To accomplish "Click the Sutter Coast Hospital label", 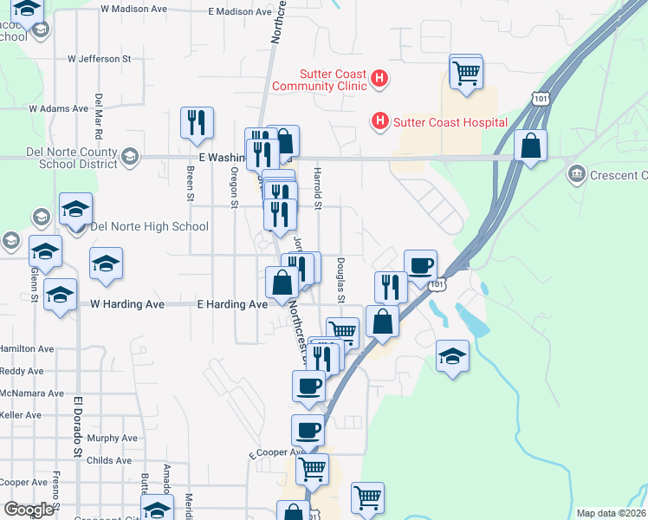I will (450, 122).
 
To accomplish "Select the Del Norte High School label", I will (149, 227).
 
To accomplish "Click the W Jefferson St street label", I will (99, 59).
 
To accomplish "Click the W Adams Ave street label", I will (59, 109).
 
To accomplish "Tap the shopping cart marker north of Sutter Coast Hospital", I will (466, 72).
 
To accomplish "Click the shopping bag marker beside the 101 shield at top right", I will (530, 147).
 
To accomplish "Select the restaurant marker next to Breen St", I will (196, 123).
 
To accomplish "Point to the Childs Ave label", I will (109, 460).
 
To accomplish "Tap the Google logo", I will (29, 510).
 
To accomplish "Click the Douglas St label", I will (340, 281).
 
